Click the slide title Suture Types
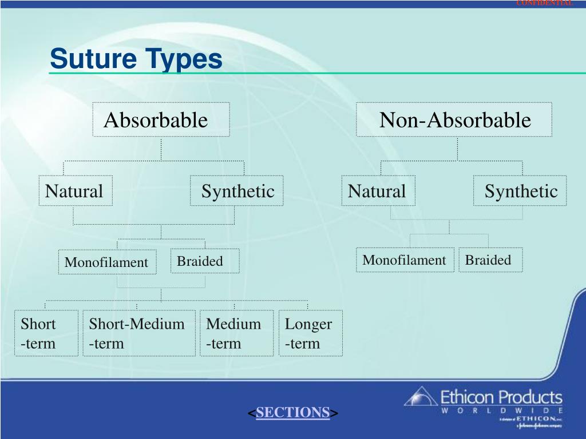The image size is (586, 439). [136, 59]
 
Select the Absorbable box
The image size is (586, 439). [161, 120]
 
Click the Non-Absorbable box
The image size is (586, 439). [454, 120]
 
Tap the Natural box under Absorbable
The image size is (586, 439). [76, 191]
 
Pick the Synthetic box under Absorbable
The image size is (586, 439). [237, 191]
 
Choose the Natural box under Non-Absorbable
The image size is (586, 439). [378, 191]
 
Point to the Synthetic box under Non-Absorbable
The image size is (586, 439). [520, 191]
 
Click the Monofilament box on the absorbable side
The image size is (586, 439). [107, 262]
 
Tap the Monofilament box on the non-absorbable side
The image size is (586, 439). [405, 260]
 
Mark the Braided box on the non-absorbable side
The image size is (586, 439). [490, 260]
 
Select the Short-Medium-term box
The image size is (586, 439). [138, 333]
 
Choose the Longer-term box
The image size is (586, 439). [310, 333]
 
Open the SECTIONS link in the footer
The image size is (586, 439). [292, 412]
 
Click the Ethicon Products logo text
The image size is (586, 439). [501, 397]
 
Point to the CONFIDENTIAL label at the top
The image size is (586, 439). [544, 3]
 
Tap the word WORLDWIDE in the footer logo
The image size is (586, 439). [501, 410]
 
